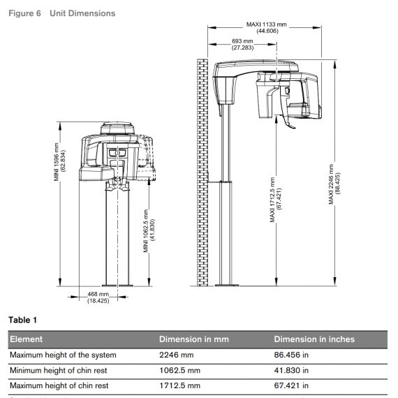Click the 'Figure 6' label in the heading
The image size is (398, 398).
pos(24,13)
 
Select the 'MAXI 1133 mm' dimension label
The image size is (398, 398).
pos(266,24)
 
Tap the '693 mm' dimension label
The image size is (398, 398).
pos(242,41)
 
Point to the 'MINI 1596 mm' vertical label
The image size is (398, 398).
pos(57,162)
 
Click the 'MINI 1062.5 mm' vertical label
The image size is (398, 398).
pos(146,230)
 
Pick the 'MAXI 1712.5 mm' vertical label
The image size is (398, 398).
pos(272,200)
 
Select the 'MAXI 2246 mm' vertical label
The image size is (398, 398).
pos(331,184)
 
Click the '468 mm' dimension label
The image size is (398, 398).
pos(98,294)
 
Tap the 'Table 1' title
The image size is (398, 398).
pos(22,320)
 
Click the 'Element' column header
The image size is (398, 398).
pos(26,339)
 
